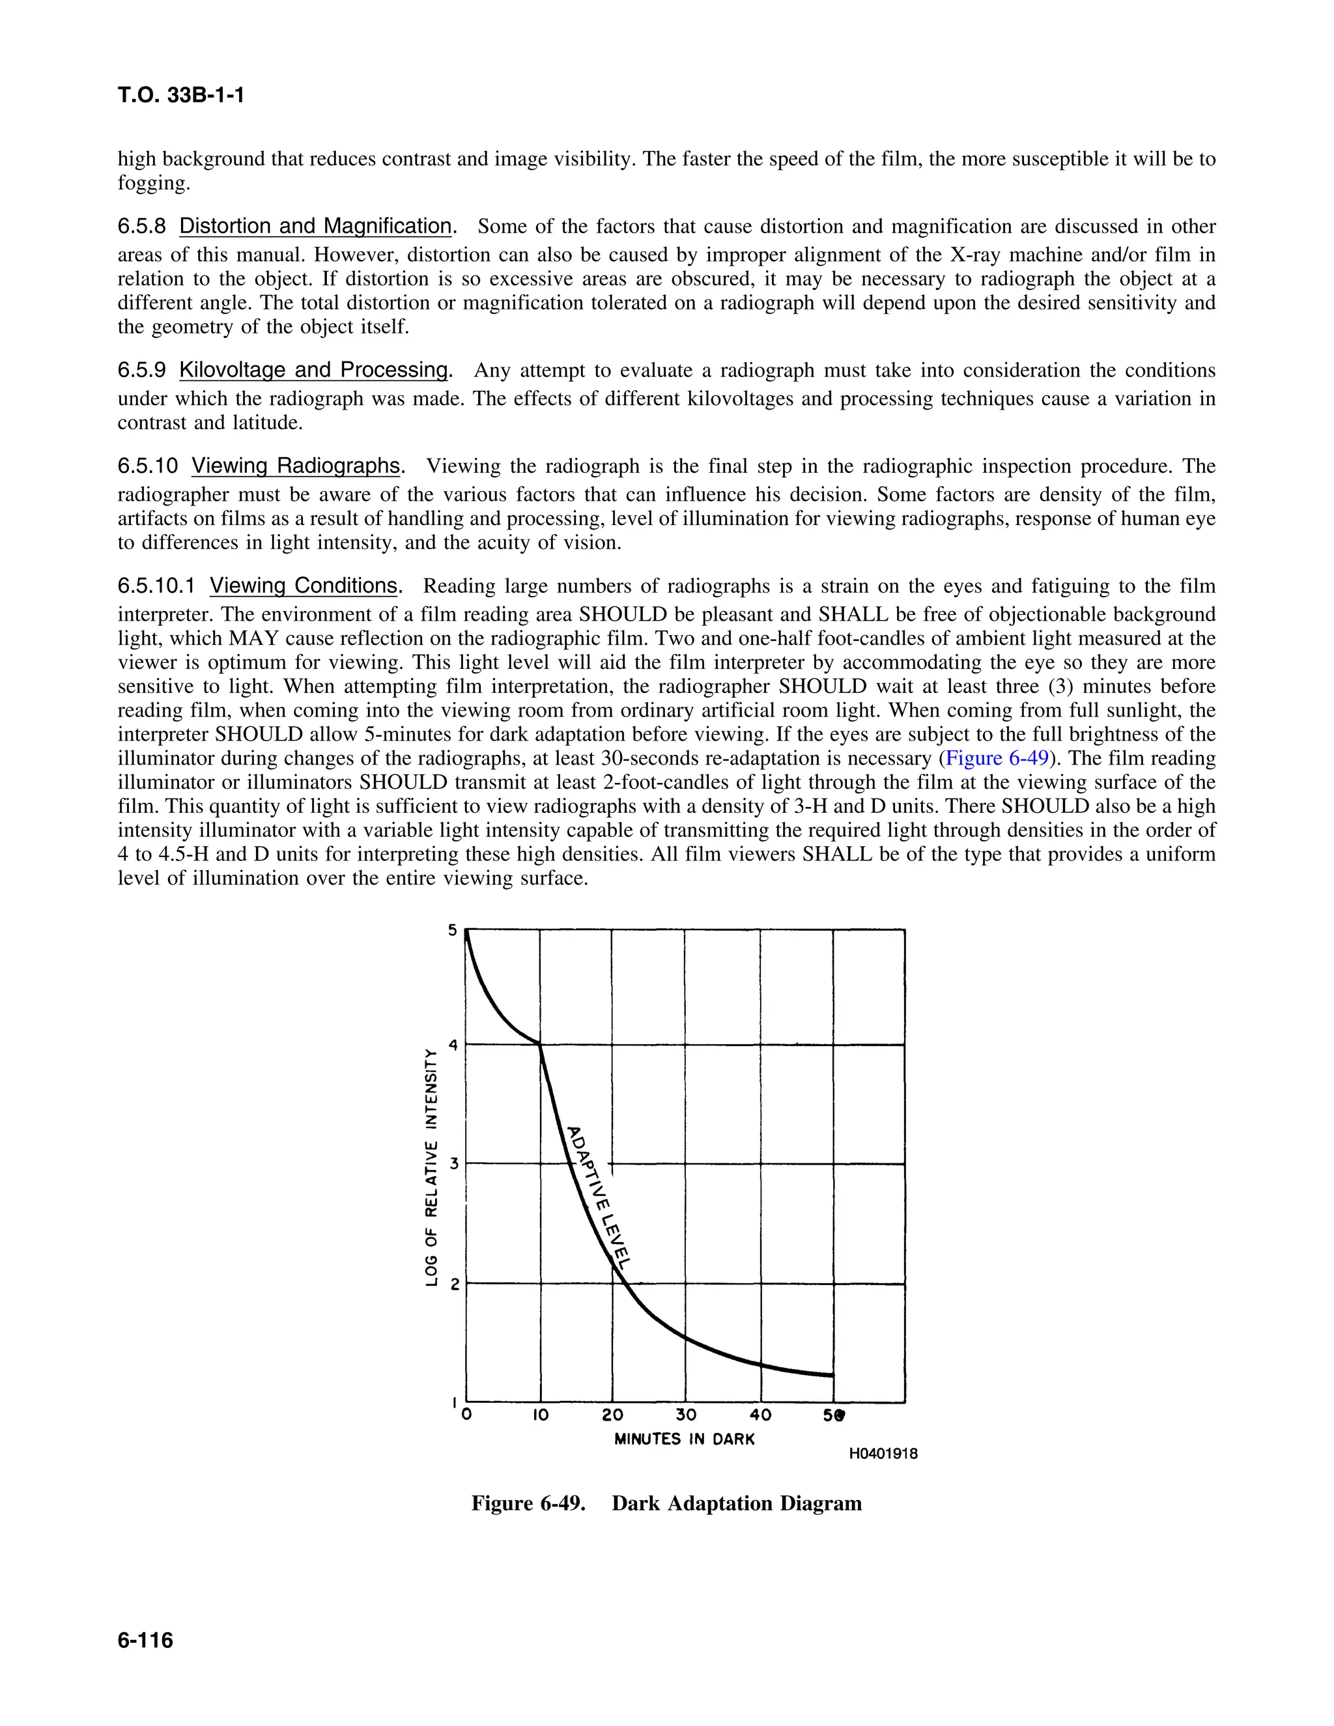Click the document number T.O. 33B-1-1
point(180,96)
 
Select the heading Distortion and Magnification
point(315,226)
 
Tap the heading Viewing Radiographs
point(296,466)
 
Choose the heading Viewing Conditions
point(304,586)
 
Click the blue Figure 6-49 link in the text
point(997,758)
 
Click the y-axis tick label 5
point(453,930)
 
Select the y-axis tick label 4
point(453,1045)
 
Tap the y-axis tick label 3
point(453,1163)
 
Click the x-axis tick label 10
point(540,1415)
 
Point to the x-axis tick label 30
point(685,1415)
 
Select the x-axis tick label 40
point(759,1415)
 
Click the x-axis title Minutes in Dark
point(685,1439)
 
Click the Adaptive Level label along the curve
point(600,1196)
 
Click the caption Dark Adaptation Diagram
point(737,1503)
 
